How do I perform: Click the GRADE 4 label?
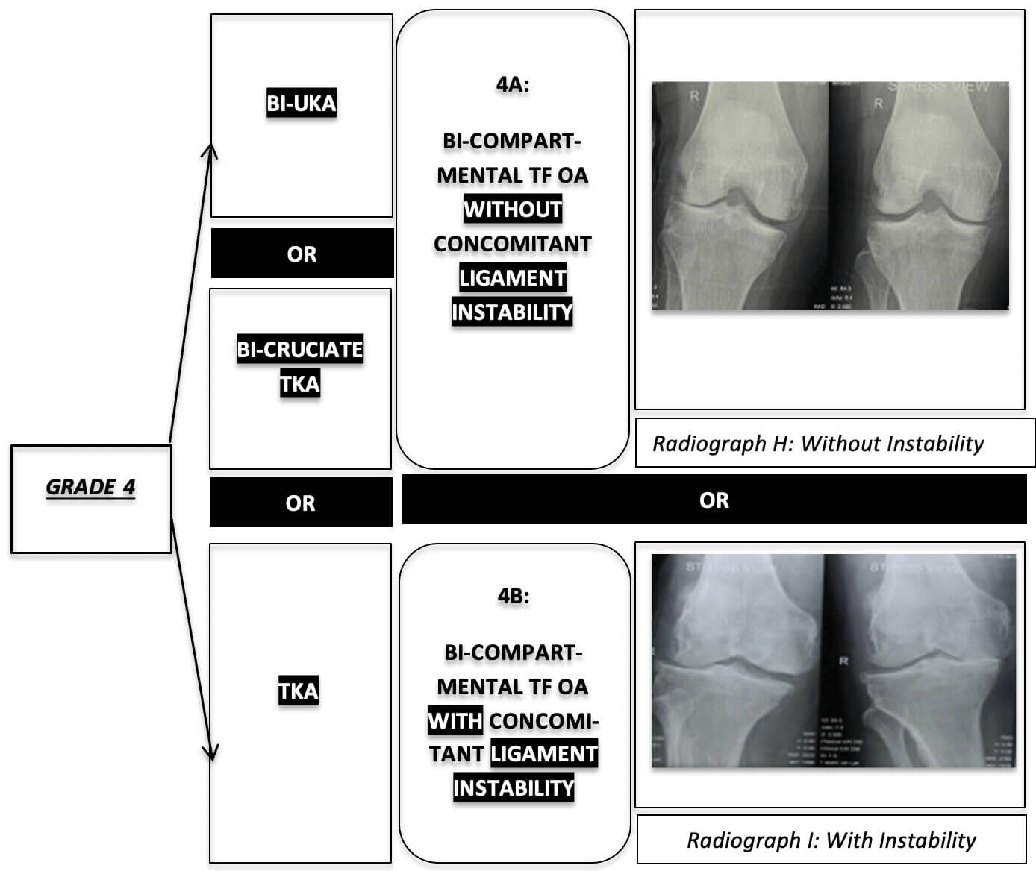click(x=91, y=487)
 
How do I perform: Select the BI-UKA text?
click(x=302, y=103)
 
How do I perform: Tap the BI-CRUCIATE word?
click(x=300, y=349)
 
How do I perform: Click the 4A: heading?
click(x=513, y=84)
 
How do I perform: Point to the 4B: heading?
click(x=514, y=596)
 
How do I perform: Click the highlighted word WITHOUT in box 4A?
click(x=513, y=209)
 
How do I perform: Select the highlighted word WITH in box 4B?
click(x=455, y=720)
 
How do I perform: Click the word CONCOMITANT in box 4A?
click(x=513, y=244)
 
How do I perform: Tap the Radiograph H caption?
click(x=818, y=444)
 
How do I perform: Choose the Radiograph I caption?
click(x=831, y=840)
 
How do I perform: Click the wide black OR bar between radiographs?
click(x=714, y=500)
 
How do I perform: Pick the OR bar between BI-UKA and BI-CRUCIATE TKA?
click(x=302, y=254)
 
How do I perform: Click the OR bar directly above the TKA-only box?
click(x=301, y=503)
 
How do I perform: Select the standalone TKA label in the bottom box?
click(x=299, y=691)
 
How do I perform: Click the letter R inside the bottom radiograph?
click(x=843, y=661)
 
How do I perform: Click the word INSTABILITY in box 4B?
click(x=514, y=787)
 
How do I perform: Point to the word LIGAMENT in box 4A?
click(x=513, y=278)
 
